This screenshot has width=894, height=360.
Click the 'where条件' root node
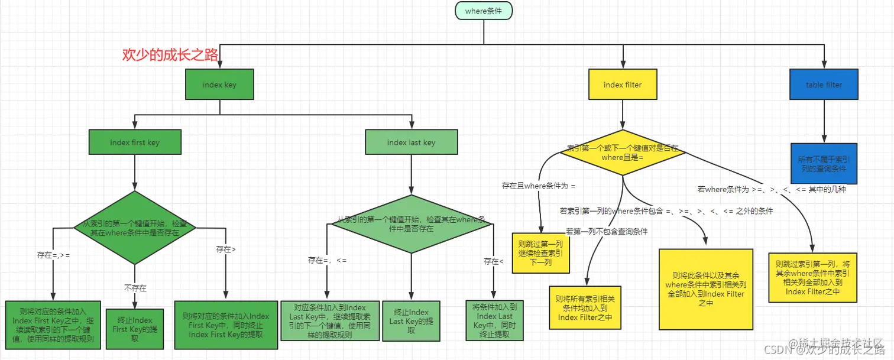click(483, 11)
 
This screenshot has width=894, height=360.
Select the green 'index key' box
click(219, 85)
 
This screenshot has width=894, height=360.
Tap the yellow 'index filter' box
click(622, 85)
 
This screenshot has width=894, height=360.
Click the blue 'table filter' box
click(824, 85)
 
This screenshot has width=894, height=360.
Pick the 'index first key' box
click(135, 142)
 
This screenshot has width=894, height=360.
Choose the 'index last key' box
click(411, 142)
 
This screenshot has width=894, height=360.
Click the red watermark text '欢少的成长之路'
click(170, 55)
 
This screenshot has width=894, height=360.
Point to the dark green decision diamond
click(135, 228)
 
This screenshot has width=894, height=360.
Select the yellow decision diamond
click(622, 153)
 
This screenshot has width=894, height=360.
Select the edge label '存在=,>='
click(54, 255)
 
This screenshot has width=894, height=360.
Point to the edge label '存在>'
click(226, 249)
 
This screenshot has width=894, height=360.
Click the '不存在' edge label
click(135, 288)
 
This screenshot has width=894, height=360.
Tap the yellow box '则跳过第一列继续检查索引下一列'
click(540, 252)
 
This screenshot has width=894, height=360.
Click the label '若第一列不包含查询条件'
click(607, 231)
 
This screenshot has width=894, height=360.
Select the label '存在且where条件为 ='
click(539, 186)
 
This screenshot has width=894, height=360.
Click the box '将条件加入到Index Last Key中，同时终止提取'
click(494, 320)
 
